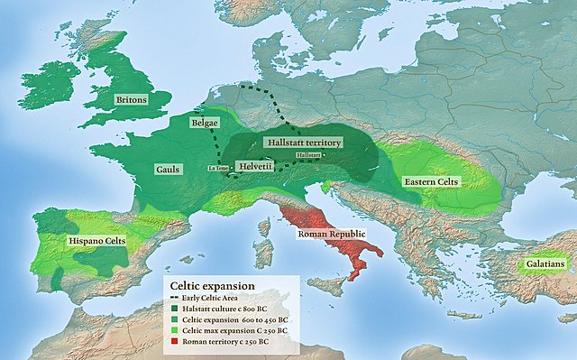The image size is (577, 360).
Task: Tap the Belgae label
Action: point(205,122)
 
